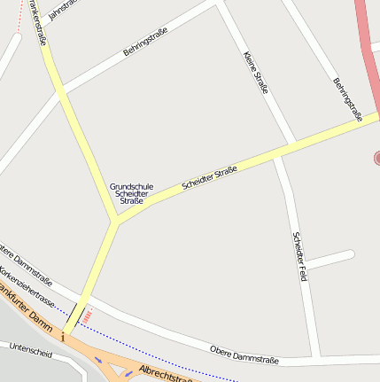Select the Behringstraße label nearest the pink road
(x=347, y=99)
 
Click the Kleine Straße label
(x=255, y=72)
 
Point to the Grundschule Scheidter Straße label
(x=131, y=194)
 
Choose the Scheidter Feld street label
(x=299, y=256)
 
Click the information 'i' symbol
(x=64, y=337)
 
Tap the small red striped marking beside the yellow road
(x=89, y=314)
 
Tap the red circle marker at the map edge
(x=376, y=158)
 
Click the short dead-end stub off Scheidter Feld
(x=330, y=259)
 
